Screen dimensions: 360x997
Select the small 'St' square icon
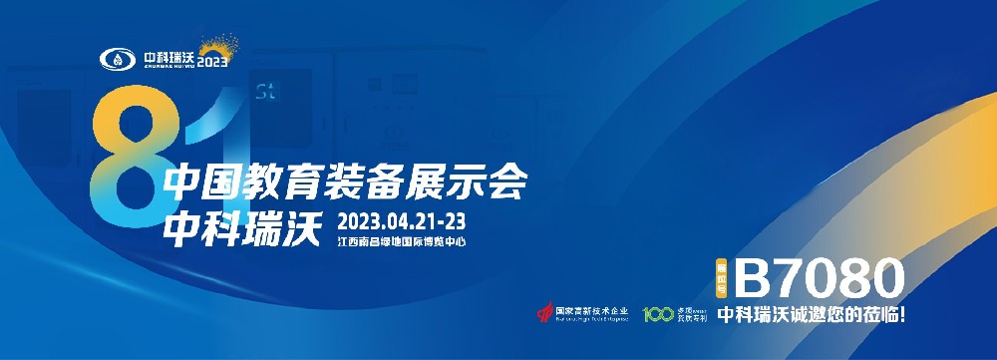[265, 95]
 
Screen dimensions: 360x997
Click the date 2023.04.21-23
[403, 219]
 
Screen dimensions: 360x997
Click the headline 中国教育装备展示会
[344, 182]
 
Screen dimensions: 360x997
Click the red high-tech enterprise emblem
[542, 313]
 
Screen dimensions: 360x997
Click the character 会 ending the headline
[505, 182]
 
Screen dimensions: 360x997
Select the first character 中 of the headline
[182, 182]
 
